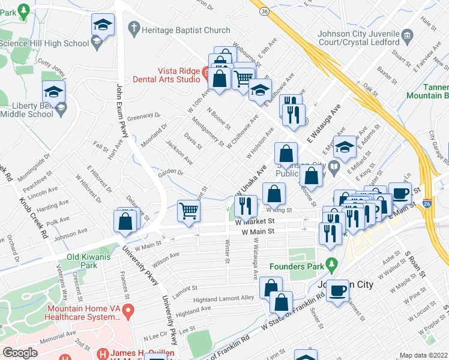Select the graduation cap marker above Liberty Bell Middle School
pyautogui.click(x=54, y=92)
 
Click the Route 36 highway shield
pyautogui.click(x=264, y=10)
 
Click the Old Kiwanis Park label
pyautogui.click(x=82, y=261)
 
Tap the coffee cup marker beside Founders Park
pyautogui.click(x=339, y=290)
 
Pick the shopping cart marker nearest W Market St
pyautogui.click(x=189, y=211)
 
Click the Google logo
pyautogui.click(x=20, y=353)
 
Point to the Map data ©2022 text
pyautogui.click(x=423, y=355)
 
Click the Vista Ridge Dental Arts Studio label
pyautogui.click(x=170, y=74)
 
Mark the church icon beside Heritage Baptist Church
pyautogui.click(x=133, y=28)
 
